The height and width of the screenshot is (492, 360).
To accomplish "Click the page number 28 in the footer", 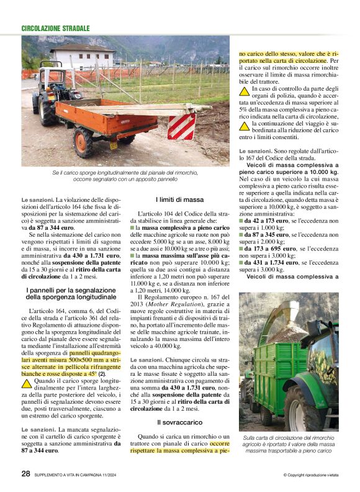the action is [25, 473].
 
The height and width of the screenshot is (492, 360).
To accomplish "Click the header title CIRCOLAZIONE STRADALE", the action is [55, 29].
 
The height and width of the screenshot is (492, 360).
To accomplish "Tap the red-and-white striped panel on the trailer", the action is [181, 127].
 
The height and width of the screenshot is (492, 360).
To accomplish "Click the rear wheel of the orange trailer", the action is [83, 142].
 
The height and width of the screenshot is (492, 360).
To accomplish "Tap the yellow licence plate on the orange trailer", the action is [114, 145].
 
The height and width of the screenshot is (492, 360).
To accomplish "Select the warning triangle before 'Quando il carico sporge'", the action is [27, 383].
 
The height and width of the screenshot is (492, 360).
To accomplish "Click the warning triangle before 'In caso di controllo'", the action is [244, 91].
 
